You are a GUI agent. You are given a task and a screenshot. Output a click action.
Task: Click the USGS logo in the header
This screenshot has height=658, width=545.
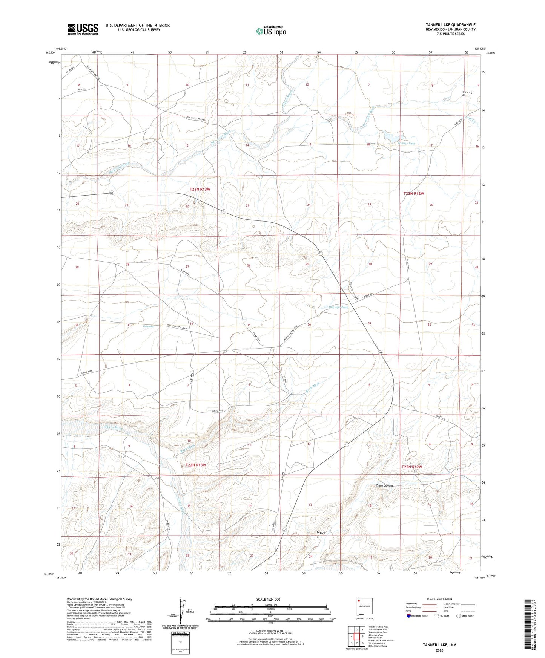pyautogui.click(x=83, y=29)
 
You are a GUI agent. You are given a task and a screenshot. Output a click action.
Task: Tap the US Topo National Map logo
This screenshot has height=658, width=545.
pyautogui.click(x=270, y=31)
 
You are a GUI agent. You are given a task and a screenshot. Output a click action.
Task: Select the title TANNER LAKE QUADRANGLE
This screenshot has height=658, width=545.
pyautogui.click(x=450, y=24)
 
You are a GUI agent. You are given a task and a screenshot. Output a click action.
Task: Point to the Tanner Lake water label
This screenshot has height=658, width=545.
pyautogui.click(x=407, y=143)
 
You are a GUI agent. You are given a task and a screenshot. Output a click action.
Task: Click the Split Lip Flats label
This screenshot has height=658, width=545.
pyautogui.click(x=468, y=93)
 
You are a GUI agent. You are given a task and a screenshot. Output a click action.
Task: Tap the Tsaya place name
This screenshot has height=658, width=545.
pyautogui.click(x=321, y=533)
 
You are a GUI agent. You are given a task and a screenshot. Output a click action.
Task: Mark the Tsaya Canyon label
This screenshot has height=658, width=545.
pyautogui.click(x=384, y=485)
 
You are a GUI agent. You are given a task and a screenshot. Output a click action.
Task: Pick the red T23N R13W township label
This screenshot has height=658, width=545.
pyautogui.click(x=200, y=189)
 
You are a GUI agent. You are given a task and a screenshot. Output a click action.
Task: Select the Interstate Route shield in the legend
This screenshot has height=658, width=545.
pyautogui.click(x=409, y=616)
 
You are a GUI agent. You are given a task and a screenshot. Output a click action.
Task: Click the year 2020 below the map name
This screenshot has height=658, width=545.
pyautogui.click(x=439, y=650)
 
